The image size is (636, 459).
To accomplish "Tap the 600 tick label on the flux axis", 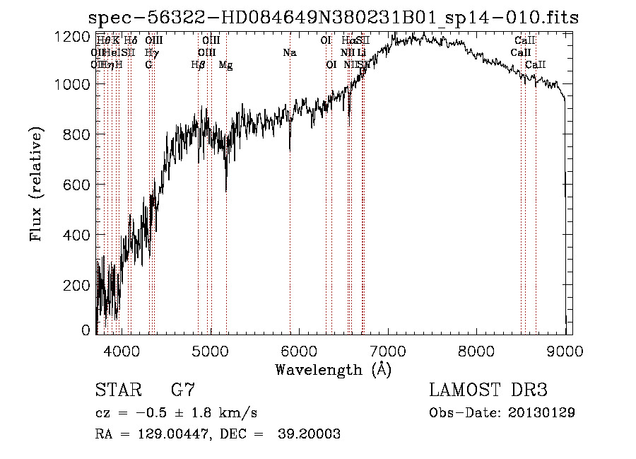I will pyautogui.click(x=76, y=185).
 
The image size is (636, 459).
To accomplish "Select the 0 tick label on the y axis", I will pyautogui.click(x=86, y=330).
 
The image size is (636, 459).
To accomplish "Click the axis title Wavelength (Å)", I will pyautogui.click(x=333, y=368).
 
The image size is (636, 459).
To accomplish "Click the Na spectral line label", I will pyautogui.click(x=289, y=53).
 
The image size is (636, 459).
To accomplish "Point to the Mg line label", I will pyautogui.click(x=225, y=65).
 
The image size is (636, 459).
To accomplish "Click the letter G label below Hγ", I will pyautogui.click(x=148, y=65).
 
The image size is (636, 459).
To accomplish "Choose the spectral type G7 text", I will pyautogui.click(x=183, y=390).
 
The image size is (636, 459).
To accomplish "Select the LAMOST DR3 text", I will pyautogui.click(x=488, y=390).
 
